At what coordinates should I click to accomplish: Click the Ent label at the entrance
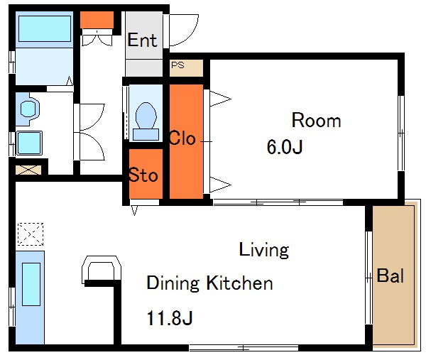[142, 40]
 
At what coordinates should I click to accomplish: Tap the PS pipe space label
[177, 65]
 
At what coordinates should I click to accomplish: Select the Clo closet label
[182, 138]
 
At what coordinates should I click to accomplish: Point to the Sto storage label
[143, 175]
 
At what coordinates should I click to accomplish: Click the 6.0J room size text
[285, 147]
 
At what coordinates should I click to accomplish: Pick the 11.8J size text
[170, 318]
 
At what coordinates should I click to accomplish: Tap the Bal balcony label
[390, 276]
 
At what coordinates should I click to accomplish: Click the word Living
[264, 250]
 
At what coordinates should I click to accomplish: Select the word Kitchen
[240, 283]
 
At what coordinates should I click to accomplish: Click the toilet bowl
[146, 116]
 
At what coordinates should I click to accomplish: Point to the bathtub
[45, 29]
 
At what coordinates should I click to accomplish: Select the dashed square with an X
[31, 234]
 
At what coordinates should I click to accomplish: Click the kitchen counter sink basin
[31, 284]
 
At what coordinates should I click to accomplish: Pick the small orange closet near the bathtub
[97, 20]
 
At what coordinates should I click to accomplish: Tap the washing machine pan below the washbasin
[29, 143]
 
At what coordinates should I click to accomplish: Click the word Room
[316, 120]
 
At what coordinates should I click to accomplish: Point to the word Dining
[173, 284]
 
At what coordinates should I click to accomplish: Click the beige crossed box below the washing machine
[28, 170]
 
